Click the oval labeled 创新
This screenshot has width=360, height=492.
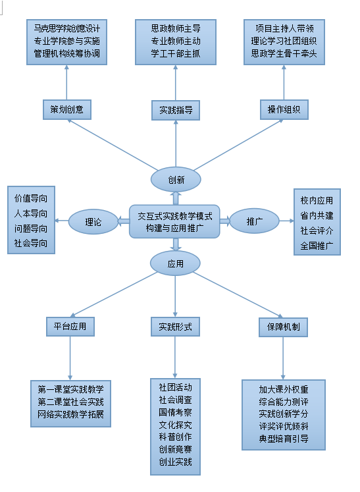176,180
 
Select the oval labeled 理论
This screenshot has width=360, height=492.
93,222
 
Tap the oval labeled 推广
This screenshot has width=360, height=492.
254,221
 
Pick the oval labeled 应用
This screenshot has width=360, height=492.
175,263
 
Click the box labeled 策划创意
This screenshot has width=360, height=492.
67,109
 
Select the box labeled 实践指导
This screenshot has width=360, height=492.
176,110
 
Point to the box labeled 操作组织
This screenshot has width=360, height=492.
284,109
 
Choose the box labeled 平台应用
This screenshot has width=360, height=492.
70,327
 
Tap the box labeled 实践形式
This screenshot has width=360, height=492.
175,327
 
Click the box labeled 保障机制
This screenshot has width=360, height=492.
283,327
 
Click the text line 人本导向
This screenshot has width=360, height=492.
31,213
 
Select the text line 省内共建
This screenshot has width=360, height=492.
317,215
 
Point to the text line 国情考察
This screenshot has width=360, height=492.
175,412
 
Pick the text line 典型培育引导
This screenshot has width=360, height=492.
284,439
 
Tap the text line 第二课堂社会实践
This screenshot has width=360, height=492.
70,402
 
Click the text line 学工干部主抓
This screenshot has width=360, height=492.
176,53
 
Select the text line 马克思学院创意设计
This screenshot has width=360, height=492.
66,28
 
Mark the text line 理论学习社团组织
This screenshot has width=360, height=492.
284,41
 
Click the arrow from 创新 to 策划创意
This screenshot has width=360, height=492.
113,145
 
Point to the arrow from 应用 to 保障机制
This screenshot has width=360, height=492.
238,294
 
